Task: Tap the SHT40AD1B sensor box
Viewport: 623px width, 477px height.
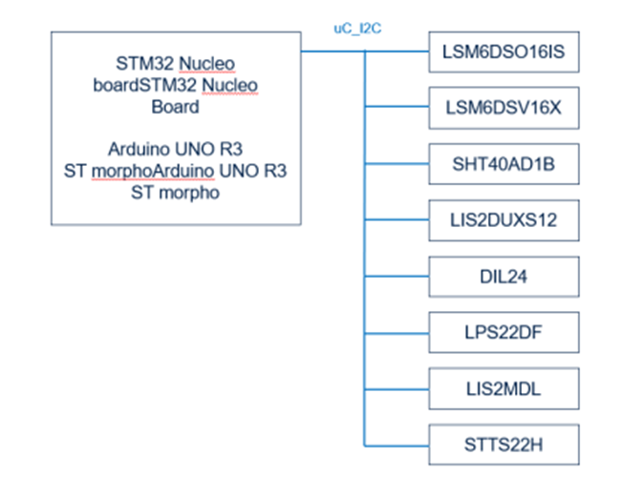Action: tap(504, 164)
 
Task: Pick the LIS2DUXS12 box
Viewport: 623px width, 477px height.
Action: tap(504, 220)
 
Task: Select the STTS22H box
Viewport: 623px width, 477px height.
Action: tap(504, 445)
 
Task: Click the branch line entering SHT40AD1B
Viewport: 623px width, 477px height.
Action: tap(397, 164)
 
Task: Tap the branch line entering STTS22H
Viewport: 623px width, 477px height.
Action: tap(397, 445)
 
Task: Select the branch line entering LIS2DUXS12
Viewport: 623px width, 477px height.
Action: tap(397, 220)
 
